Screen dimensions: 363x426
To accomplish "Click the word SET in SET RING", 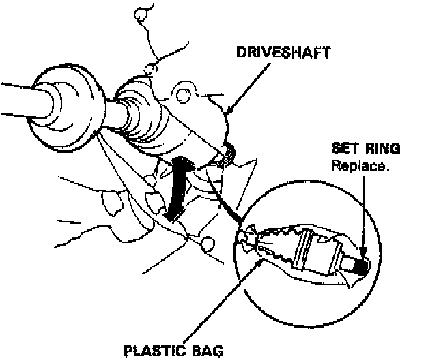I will click(x=343, y=149).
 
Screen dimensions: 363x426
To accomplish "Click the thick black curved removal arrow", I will click(x=177, y=188).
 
